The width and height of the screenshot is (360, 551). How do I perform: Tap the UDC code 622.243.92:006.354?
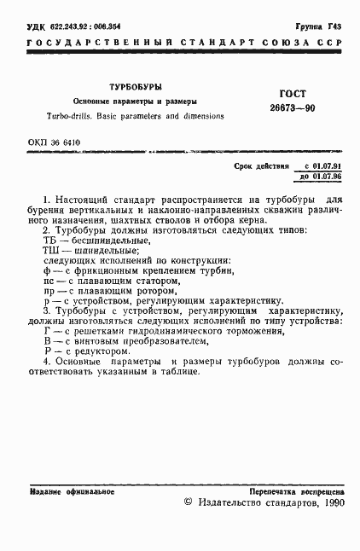pyautogui.click(x=76, y=28)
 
